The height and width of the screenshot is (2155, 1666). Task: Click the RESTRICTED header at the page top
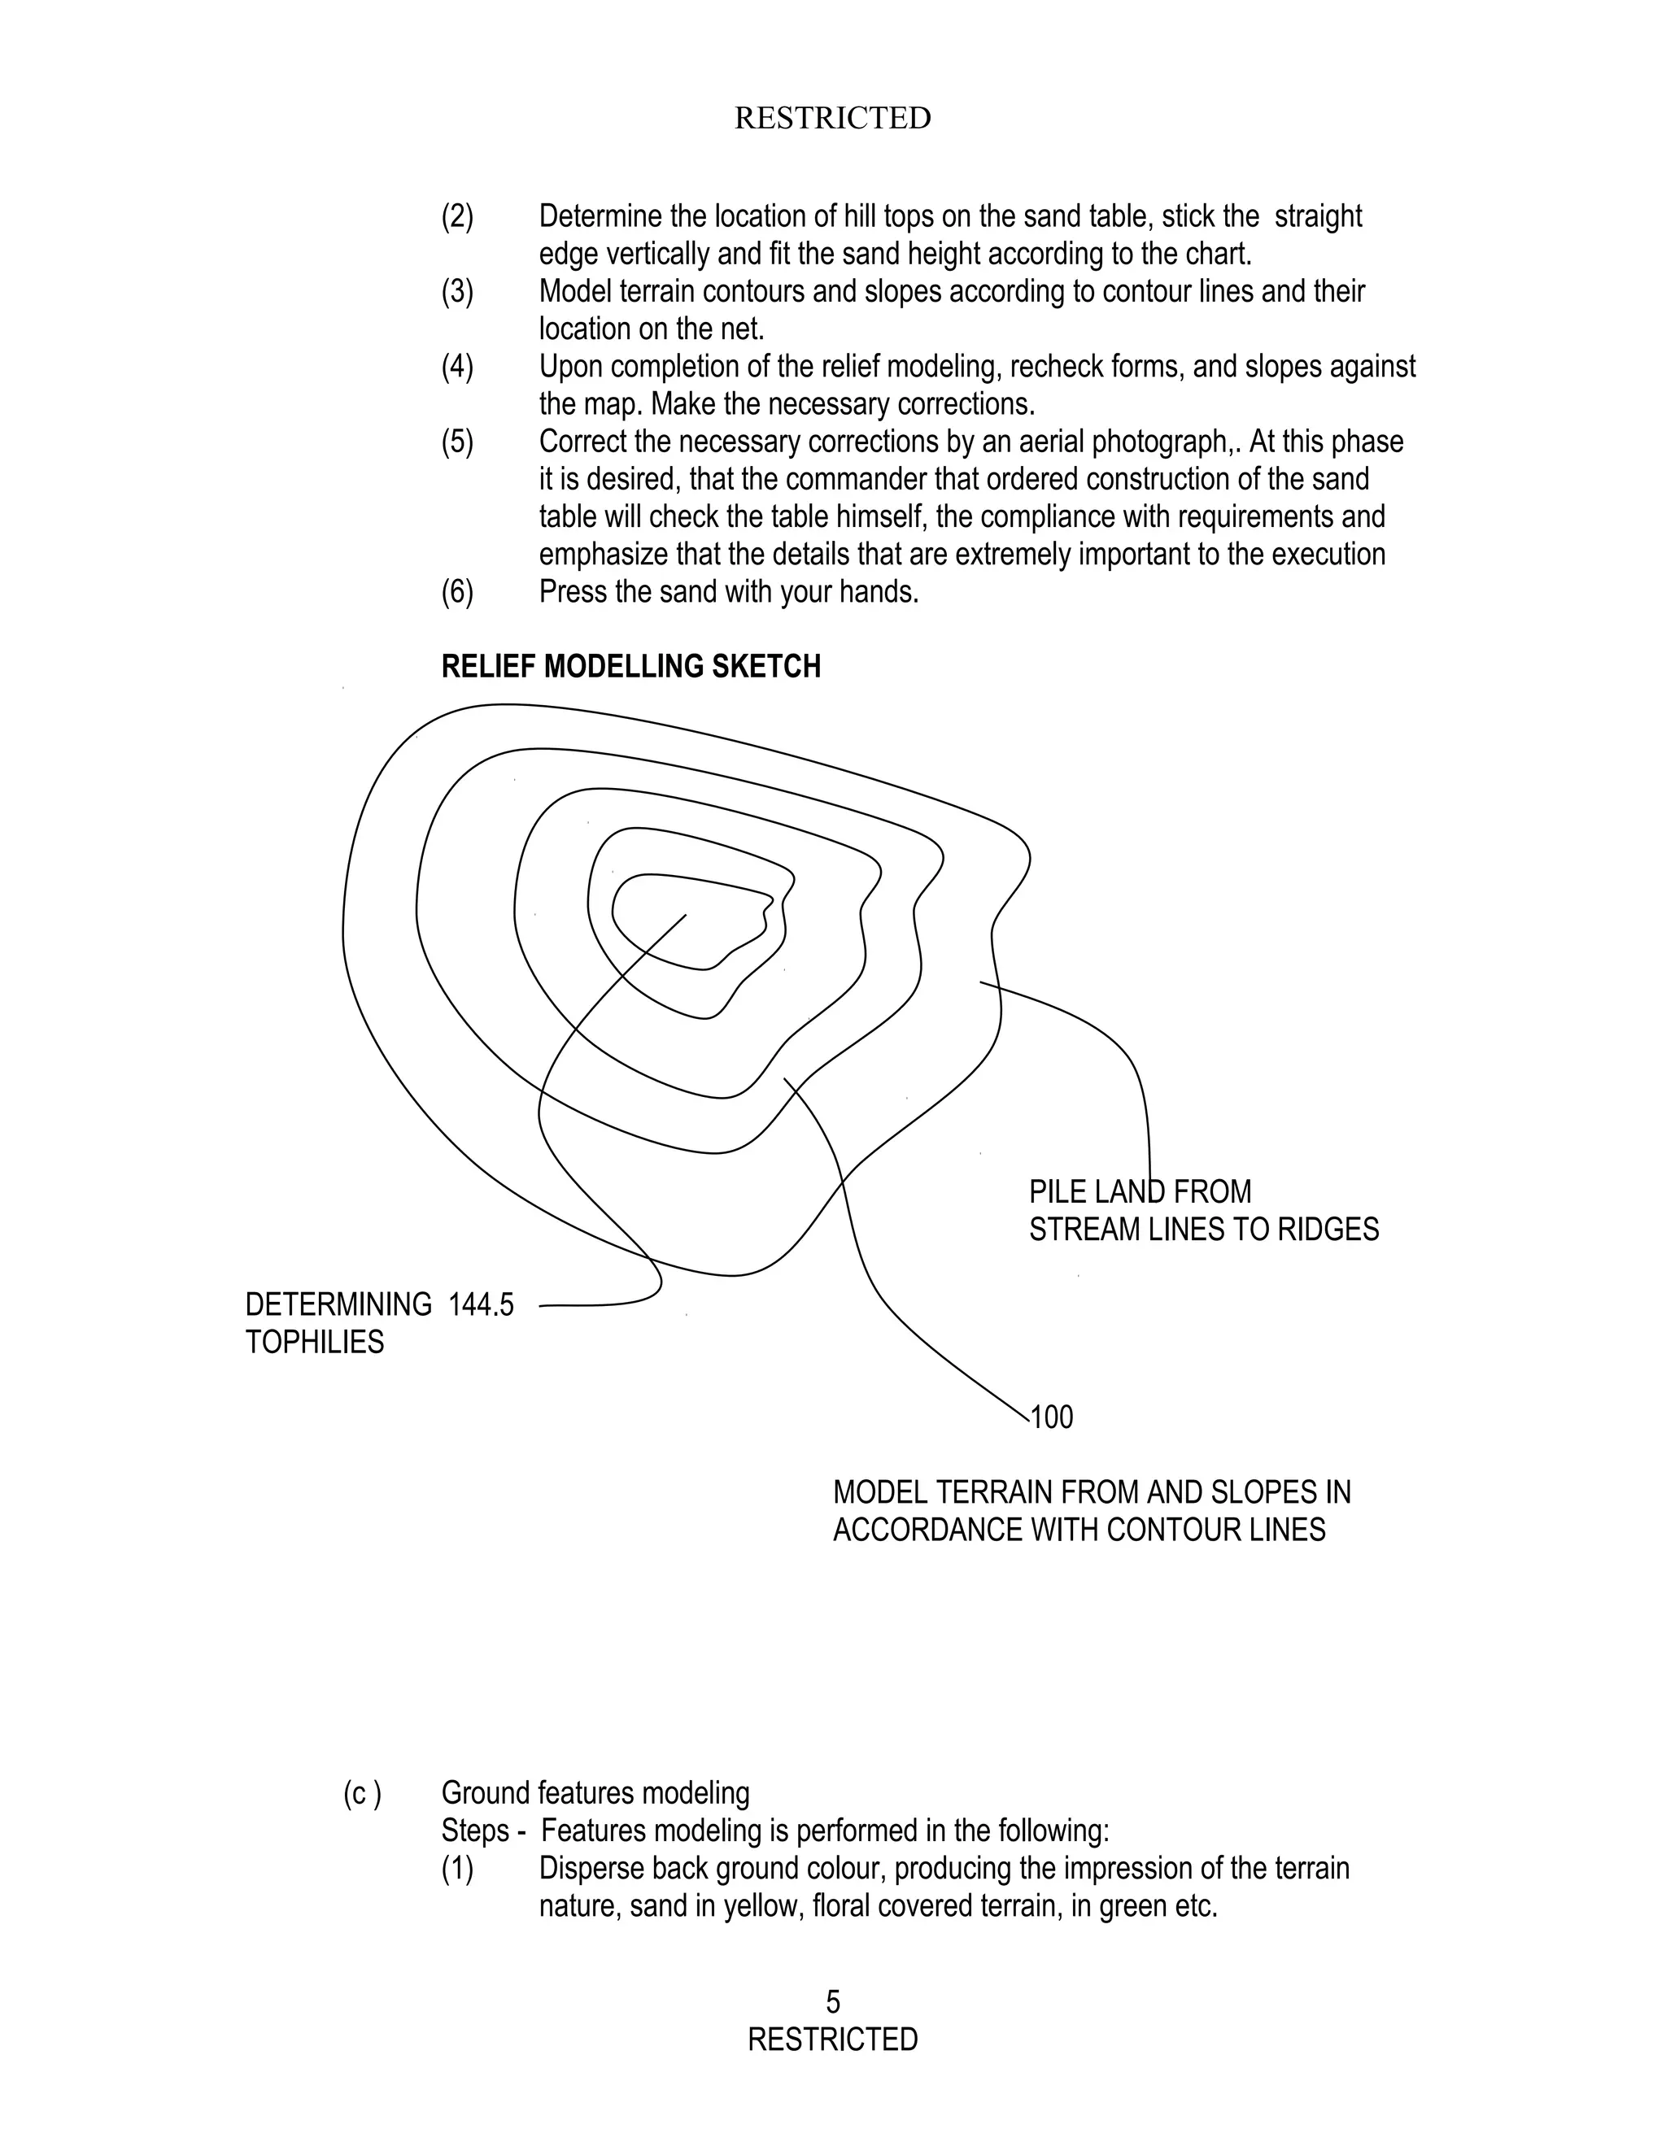832,119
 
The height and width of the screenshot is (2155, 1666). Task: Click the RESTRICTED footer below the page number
832,2039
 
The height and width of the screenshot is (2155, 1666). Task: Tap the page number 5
833,2001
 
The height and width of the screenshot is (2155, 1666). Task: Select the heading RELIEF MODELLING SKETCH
630,667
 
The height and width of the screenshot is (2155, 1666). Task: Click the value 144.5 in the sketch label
481,1304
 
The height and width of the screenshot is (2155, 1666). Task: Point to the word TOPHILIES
314,1342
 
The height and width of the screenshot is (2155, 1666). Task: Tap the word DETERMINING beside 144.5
338,1304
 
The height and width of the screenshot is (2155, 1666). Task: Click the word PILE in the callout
1054,1192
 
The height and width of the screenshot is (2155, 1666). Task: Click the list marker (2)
457,216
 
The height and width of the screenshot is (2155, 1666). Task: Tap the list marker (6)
457,592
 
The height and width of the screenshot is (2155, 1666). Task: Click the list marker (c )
362,1793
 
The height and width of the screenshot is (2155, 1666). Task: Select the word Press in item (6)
570,592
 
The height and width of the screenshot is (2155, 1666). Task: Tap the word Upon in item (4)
569,367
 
